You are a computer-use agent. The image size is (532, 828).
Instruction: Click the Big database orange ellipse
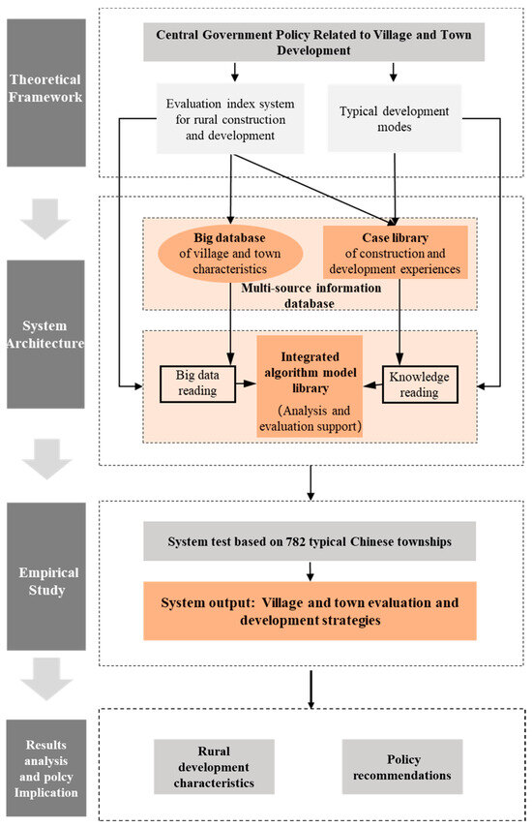point(232,249)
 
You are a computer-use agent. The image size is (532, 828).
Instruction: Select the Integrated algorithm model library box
point(309,385)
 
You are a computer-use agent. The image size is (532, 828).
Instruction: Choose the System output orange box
point(310,610)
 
